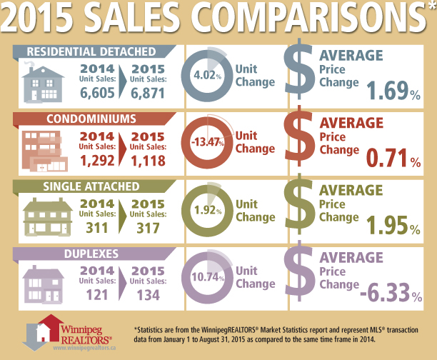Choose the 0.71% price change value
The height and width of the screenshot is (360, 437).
coord(392,159)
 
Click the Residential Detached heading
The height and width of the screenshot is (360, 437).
coord(91,51)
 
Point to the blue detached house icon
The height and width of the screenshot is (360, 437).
coord(42,80)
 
